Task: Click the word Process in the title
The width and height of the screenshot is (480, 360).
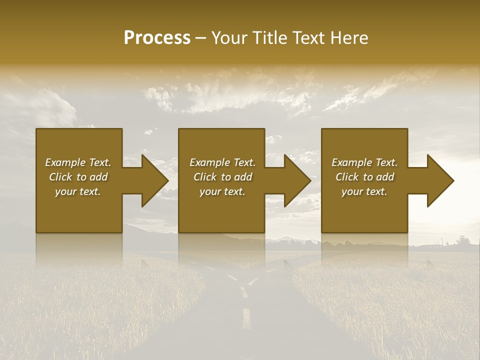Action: tap(157, 38)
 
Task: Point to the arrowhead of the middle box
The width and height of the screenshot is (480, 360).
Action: tap(297, 180)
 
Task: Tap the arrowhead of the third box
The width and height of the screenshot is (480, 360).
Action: tap(440, 180)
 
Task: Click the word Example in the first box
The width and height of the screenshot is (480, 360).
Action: tap(65, 162)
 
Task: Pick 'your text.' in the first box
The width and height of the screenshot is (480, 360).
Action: tap(78, 191)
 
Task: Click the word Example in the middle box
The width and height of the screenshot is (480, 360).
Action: tap(209, 162)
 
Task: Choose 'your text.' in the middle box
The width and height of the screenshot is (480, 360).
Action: tap(222, 191)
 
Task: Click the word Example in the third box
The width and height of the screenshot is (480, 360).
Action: tap(351, 162)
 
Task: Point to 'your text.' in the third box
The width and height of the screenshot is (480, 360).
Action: tap(364, 191)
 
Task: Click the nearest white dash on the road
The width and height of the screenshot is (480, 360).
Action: tap(246, 318)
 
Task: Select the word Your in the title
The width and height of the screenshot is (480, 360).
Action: tap(229, 38)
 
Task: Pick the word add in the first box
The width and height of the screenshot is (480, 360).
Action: tap(98, 177)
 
